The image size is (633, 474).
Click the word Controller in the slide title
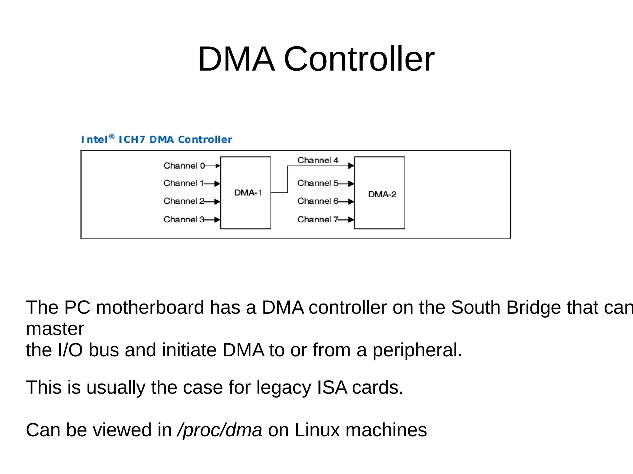point(359,59)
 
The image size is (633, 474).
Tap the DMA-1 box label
point(248,193)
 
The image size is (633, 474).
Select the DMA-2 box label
point(382,194)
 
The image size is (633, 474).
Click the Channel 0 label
point(184,166)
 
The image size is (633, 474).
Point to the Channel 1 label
point(184,183)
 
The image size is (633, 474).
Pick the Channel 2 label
point(184,201)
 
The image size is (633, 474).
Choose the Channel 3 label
point(184,220)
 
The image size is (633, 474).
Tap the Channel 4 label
point(318,160)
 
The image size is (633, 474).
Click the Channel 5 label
point(318,183)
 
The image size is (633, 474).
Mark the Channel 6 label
point(318,201)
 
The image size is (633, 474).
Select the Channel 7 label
point(318,220)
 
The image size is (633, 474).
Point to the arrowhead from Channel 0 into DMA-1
point(218,166)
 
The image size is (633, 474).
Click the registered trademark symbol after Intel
point(112,136)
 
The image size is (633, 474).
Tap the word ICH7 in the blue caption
point(132,140)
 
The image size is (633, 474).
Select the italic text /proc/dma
point(220,430)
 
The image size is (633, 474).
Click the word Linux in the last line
point(317,430)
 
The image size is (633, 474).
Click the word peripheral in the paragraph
point(417,350)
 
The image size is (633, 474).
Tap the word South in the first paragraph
point(475,308)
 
